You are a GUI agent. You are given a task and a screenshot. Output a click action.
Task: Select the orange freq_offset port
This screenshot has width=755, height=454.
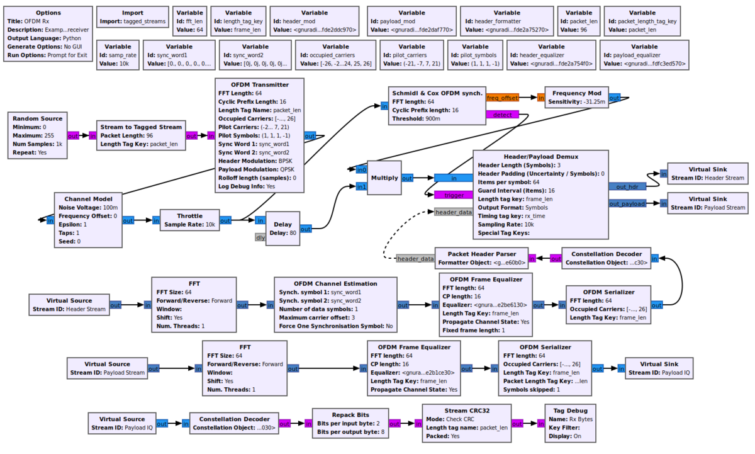tap(502, 98)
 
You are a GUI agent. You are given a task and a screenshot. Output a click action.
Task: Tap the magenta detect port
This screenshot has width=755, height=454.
tap(502, 115)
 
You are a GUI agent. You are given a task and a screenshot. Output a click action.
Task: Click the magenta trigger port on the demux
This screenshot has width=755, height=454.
tap(454, 195)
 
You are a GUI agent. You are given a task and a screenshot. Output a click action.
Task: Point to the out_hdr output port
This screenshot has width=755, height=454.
tap(627, 186)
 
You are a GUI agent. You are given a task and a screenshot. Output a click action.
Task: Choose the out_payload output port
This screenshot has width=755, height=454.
tap(627, 203)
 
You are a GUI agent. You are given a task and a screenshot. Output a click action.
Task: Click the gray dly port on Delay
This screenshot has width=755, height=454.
tap(260, 237)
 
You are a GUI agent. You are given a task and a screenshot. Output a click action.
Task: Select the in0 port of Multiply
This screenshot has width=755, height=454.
tap(361, 169)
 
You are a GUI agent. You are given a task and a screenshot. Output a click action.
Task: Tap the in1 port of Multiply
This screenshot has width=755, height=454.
tap(361, 186)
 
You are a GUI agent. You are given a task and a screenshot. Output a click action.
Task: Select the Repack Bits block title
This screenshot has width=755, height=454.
tap(350, 415)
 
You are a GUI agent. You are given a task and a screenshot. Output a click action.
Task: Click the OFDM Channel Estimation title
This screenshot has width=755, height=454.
tap(335, 283)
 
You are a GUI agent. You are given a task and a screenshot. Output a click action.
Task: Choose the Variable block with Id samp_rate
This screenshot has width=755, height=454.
tap(118, 55)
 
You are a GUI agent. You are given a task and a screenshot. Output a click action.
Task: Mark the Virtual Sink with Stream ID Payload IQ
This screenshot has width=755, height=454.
tap(659, 368)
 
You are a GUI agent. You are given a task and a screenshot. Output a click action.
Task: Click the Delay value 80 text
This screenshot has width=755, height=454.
tap(284, 233)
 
